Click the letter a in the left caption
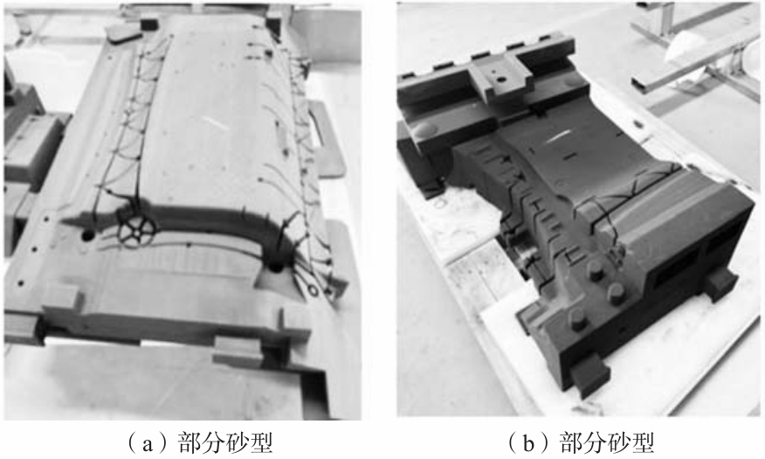[x=148, y=443]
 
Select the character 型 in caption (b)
[x=643, y=442]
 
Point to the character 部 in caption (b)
[x=571, y=442]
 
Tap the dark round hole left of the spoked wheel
[x=88, y=235]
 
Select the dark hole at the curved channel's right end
[x=276, y=268]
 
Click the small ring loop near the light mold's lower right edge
[x=313, y=290]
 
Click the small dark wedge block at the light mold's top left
[x=122, y=32]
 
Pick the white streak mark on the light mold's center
[x=214, y=122]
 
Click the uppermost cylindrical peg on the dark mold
[x=596, y=270]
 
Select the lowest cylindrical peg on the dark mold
[x=579, y=321]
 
